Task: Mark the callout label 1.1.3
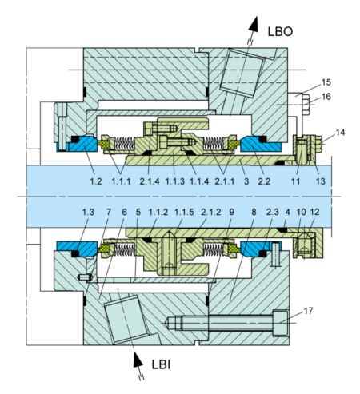(x=174, y=182)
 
